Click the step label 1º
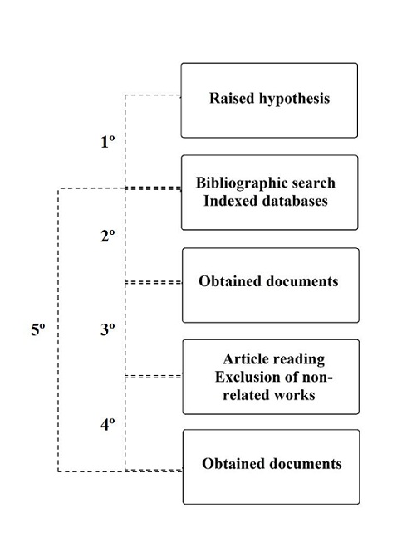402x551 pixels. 108,142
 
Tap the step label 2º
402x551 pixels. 108,236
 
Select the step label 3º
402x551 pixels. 108,329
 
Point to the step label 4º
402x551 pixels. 108,425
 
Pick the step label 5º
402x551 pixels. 38,329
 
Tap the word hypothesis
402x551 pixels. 295,99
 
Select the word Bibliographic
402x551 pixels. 234,183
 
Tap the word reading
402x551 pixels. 299,359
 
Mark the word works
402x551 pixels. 294,395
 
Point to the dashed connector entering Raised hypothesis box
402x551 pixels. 153,95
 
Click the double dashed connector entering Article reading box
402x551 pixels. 154,377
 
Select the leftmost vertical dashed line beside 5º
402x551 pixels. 58,329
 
